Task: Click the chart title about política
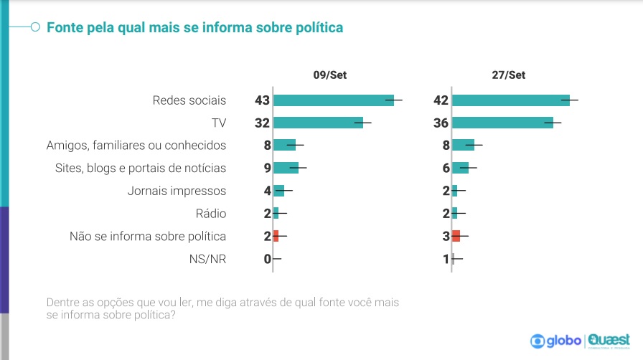[194, 27]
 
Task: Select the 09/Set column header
[329, 75]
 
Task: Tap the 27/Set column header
[509, 75]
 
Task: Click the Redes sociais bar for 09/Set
[333, 100]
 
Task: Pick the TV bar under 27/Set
[502, 123]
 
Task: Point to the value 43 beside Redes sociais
[262, 100]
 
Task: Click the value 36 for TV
[441, 123]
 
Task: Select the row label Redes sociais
[189, 100]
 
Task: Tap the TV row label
[218, 123]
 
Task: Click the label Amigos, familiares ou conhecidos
[136, 146]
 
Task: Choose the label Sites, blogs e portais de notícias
[141, 168]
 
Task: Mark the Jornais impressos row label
[177, 191]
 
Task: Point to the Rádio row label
[211, 213]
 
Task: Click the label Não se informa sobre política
[148, 236]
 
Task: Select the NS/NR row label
[208, 259]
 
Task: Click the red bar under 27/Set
[456, 236]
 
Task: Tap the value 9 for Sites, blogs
[266, 168]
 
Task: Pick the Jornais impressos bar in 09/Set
[279, 191]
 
